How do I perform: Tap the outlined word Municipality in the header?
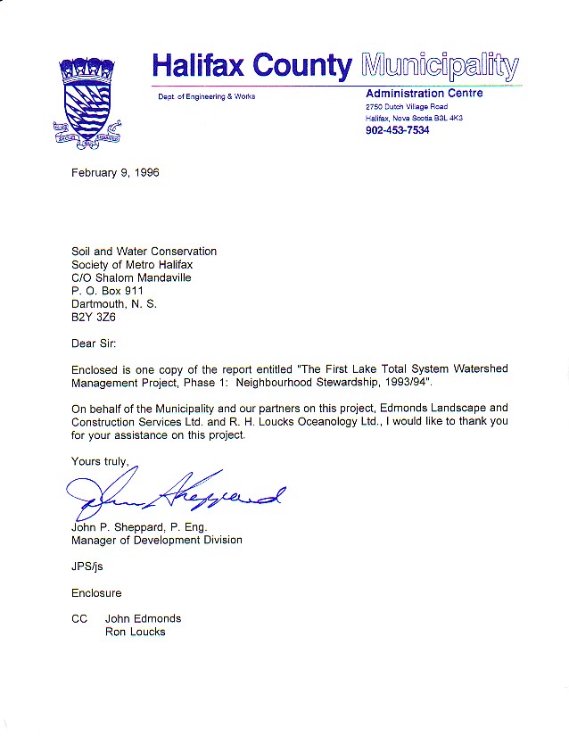point(440,65)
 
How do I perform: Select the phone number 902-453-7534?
point(397,130)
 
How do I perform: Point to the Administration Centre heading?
point(425,94)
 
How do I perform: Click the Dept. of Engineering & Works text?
point(206,96)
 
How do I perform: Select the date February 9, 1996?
point(115,172)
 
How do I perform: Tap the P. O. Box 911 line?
point(107,290)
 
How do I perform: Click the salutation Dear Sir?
point(93,342)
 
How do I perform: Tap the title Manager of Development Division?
point(156,540)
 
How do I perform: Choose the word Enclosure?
point(96,592)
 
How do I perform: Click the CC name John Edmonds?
point(143,618)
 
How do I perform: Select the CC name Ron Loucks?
point(135,632)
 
